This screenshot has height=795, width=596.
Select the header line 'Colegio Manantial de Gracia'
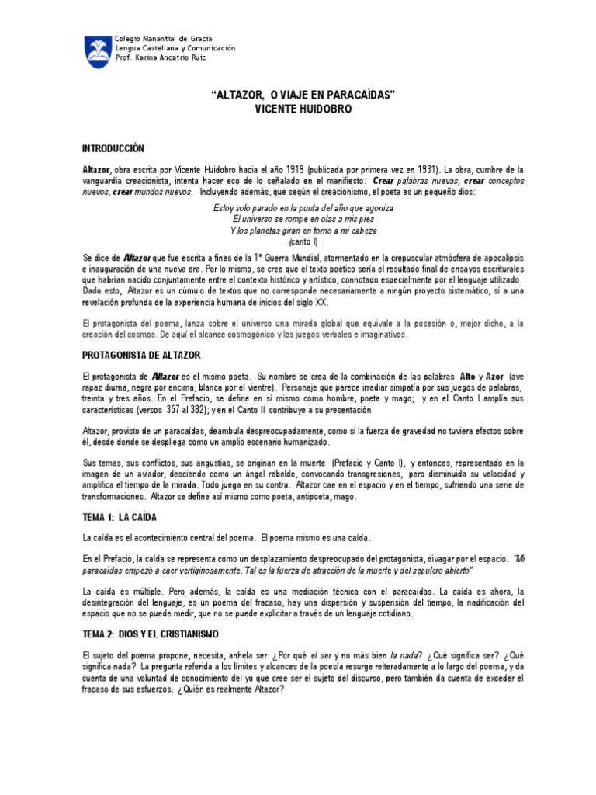[163, 39]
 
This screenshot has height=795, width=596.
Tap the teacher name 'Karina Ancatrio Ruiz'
[175, 57]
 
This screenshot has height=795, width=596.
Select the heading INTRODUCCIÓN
[113, 148]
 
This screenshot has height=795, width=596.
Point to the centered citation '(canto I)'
[303, 241]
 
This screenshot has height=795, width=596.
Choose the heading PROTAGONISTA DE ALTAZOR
[141, 354]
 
